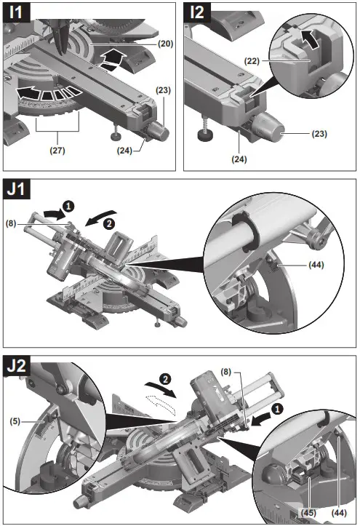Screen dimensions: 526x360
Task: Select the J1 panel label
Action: (19, 191)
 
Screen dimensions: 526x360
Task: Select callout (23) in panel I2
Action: (338, 133)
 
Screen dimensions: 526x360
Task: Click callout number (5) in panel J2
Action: (15, 420)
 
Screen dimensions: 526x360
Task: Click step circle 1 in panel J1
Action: (69, 206)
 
